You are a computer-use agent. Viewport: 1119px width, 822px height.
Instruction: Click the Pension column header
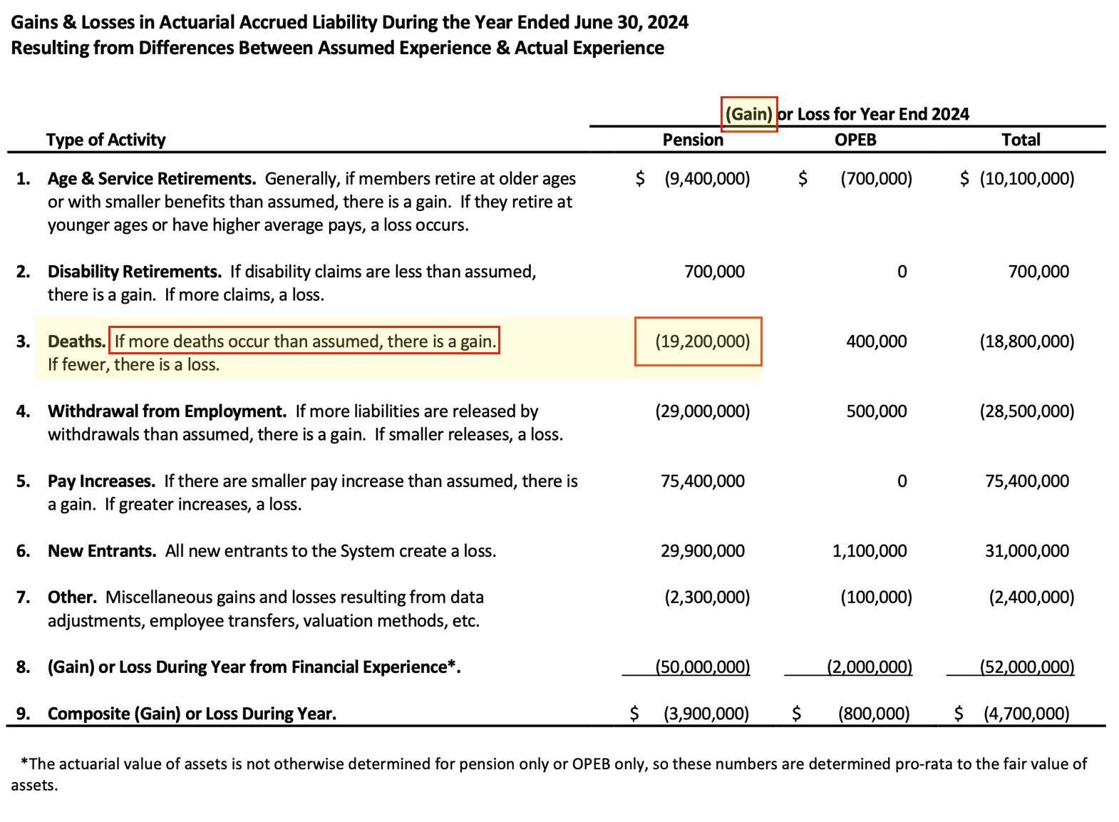tap(693, 140)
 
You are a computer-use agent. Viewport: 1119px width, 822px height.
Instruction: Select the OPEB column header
tap(855, 140)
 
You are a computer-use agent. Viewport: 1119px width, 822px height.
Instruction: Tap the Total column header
tap(1021, 140)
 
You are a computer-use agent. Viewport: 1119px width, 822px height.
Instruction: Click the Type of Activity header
tap(105, 140)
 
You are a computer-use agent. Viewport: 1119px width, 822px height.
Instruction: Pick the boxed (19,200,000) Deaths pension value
tap(702, 341)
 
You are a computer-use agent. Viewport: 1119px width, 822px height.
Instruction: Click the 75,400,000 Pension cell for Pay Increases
tap(702, 481)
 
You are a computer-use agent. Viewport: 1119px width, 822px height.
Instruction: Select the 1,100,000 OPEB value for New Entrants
tap(870, 551)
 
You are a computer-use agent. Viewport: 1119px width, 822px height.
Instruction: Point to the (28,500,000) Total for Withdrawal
tap(1026, 411)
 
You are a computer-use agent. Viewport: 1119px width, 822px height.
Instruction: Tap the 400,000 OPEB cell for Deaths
tap(877, 341)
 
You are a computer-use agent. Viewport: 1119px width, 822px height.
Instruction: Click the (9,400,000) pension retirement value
tap(707, 179)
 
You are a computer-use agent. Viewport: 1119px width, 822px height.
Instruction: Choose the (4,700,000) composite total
tap(1026, 714)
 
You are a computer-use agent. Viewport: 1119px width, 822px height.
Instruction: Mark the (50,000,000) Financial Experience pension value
tap(702, 667)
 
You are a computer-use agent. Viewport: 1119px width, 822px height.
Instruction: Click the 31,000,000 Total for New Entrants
tap(1027, 551)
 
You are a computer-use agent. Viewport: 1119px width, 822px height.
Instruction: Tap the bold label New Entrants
tap(102, 551)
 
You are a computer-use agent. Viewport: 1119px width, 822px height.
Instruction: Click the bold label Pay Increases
tap(101, 481)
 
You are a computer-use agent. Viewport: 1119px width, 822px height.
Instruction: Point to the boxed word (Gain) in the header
tap(748, 114)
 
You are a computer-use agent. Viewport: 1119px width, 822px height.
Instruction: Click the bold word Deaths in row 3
tap(76, 341)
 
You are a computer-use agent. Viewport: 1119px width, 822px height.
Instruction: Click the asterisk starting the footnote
tap(24, 763)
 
